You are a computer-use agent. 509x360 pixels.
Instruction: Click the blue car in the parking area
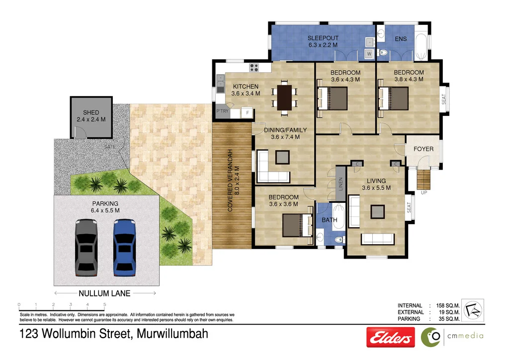(124, 247)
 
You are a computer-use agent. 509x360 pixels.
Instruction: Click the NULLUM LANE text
(104, 293)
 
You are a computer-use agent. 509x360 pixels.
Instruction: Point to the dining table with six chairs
(284, 97)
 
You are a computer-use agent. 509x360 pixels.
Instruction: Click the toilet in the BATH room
(339, 240)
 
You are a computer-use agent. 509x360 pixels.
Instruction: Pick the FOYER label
(423, 149)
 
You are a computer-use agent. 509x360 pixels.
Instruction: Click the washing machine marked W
(369, 53)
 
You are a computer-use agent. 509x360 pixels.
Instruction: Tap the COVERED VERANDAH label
(231, 180)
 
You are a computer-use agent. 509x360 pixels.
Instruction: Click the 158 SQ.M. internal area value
(446, 305)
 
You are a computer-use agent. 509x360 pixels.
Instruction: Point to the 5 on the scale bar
(104, 304)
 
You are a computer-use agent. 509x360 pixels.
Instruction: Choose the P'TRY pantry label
(222, 111)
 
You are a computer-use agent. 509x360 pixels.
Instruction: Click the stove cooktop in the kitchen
(254, 68)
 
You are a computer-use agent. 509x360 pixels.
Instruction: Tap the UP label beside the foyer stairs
(424, 192)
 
